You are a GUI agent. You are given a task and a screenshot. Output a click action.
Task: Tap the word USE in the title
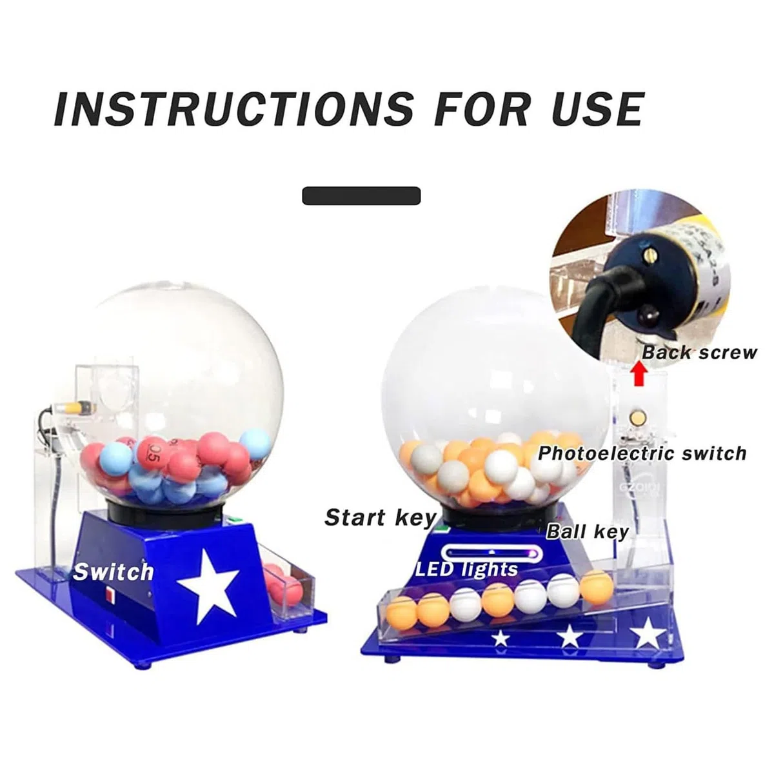tap(597, 109)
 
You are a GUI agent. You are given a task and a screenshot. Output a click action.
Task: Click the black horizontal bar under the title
tap(361, 195)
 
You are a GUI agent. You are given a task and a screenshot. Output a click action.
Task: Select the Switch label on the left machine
tap(113, 571)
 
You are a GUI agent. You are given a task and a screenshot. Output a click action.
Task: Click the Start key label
tap(380, 518)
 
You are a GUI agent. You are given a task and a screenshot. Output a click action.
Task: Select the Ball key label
tap(587, 532)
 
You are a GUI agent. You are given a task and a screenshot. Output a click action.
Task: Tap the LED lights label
tap(466, 570)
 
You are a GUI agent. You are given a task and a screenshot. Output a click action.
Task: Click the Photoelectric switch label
tap(642, 454)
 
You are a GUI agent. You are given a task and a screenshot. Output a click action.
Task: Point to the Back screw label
tap(699, 353)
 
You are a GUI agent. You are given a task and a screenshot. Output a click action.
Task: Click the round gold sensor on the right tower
tap(637, 416)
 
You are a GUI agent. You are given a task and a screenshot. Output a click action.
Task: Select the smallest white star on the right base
tap(501, 639)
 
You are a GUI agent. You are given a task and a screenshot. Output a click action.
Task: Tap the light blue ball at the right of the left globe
tap(256, 444)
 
